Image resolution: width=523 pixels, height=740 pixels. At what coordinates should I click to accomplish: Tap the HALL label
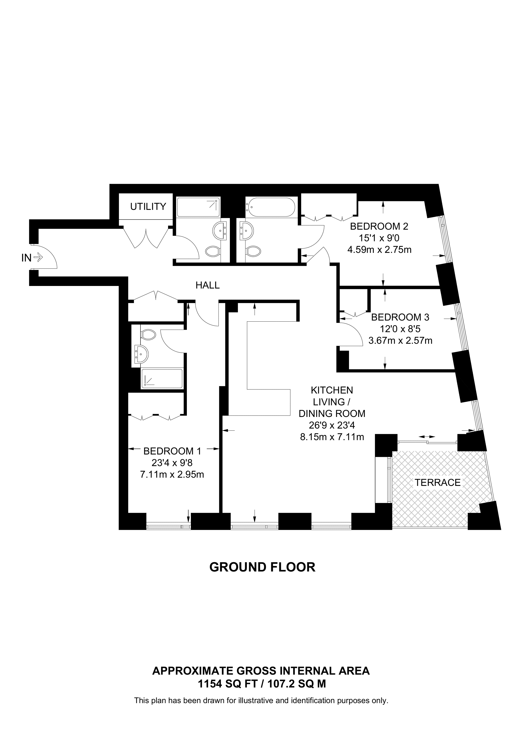(x=208, y=285)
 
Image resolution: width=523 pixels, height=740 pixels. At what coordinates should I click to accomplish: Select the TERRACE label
(x=438, y=483)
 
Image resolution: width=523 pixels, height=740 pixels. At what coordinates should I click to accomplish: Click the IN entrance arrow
(x=38, y=257)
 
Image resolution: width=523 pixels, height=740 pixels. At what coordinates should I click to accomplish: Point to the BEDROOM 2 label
(x=379, y=226)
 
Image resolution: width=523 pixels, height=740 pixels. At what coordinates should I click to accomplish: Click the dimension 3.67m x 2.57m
(x=400, y=340)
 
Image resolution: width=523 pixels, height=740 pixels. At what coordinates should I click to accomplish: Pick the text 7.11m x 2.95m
(x=172, y=474)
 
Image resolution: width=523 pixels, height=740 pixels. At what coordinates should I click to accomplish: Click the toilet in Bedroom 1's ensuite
(x=148, y=334)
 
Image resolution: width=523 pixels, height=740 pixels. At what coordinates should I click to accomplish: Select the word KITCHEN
(x=332, y=390)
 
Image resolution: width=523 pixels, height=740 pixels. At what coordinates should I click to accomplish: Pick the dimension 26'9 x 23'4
(x=332, y=426)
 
